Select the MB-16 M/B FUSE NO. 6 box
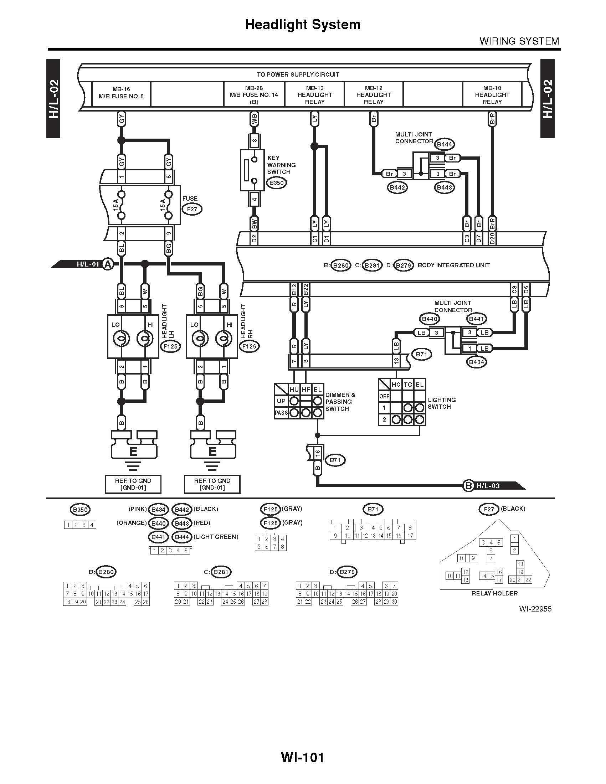click(x=121, y=94)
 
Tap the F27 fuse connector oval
click(x=192, y=209)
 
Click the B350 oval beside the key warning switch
click(x=276, y=183)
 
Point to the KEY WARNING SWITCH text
click(x=282, y=165)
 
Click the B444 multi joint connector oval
click(x=444, y=145)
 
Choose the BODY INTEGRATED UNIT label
click(x=453, y=265)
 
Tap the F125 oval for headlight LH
click(x=170, y=346)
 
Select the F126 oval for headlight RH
click(x=249, y=346)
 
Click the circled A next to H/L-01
click(x=108, y=264)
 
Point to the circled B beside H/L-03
click(x=468, y=486)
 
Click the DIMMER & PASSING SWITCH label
click(x=340, y=402)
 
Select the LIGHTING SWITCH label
click(x=442, y=403)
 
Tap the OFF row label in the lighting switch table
click(x=384, y=397)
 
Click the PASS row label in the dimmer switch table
click(x=282, y=413)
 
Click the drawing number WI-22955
click(x=535, y=609)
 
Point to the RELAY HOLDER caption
click(x=495, y=593)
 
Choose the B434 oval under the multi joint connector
click(x=476, y=362)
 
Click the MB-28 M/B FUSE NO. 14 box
click(x=254, y=94)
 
